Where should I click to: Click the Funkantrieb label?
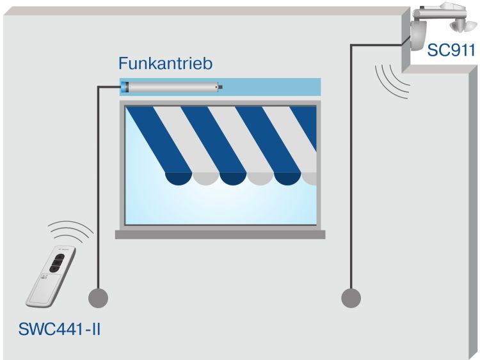pyautogui.click(x=165, y=64)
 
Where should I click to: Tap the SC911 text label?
pyautogui.click(x=452, y=50)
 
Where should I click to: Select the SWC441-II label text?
pyautogui.click(x=61, y=331)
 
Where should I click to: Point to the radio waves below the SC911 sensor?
pyautogui.click(x=390, y=80)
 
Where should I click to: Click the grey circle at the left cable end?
pyautogui.click(x=98, y=297)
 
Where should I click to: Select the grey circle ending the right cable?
pyautogui.click(x=351, y=297)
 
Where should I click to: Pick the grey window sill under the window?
pyautogui.click(x=220, y=234)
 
